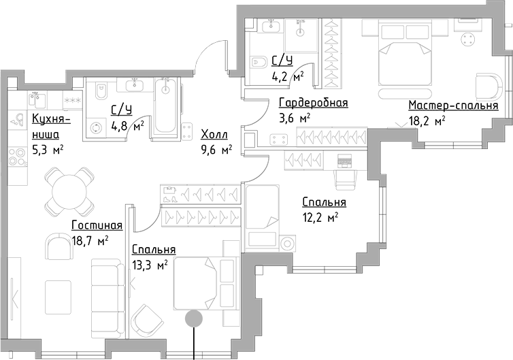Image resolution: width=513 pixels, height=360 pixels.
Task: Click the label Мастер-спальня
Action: click(x=453, y=106)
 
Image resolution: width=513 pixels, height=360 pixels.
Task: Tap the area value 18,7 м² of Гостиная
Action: click(x=90, y=240)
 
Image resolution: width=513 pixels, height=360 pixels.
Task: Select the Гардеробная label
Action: click(x=313, y=103)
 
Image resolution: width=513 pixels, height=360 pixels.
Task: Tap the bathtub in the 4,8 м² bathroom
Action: click(x=165, y=109)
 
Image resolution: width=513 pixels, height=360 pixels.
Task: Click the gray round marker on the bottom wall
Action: click(x=194, y=318)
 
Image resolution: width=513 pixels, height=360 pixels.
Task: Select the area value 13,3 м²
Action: click(x=150, y=265)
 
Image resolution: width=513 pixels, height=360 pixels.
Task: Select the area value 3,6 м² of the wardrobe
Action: click(x=295, y=118)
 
